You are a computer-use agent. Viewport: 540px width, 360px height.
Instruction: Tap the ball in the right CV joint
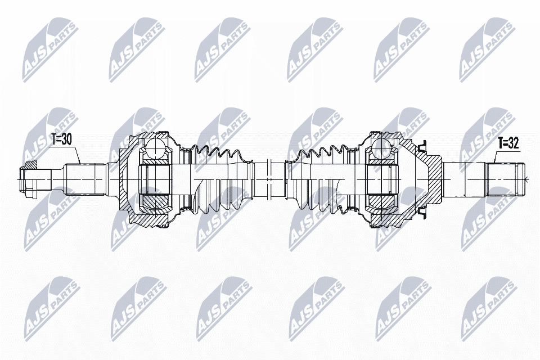click(x=381, y=149)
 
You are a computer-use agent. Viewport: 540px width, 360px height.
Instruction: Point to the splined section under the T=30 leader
click(x=84, y=178)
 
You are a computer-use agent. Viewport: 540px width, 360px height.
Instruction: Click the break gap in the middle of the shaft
click(x=270, y=178)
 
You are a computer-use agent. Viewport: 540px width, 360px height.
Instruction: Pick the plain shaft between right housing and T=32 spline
click(x=464, y=178)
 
